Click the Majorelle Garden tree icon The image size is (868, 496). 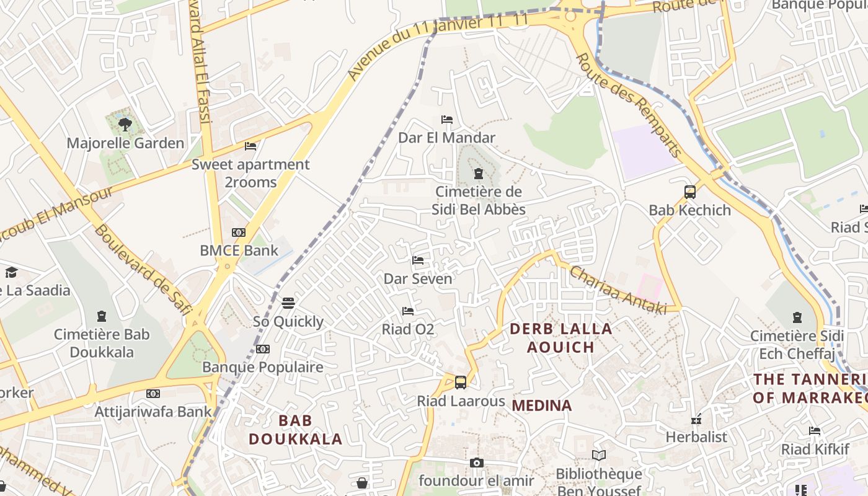coord(125,124)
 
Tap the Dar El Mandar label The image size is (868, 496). coord(446,138)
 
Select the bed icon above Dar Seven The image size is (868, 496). coord(418,260)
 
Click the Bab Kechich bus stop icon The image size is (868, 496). coord(690,192)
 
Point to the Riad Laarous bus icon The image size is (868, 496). coord(460,383)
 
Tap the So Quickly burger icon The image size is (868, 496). coord(288,303)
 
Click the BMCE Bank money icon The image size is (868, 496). coord(239,232)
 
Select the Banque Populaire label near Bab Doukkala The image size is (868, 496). coord(263,367)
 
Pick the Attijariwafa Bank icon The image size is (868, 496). coord(153,394)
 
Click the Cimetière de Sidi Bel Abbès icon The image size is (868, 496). coord(478,174)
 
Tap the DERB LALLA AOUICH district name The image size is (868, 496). coord(561,338)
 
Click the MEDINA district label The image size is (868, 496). coord(541,405)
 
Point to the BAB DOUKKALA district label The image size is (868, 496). coord(295,430)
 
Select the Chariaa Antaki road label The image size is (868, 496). coord(618,290)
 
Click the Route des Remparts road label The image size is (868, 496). coord(629,105)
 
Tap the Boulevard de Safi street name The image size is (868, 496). coord(141,270)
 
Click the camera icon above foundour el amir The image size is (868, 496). coord(476,463)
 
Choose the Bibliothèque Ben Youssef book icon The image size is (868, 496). coord(598,456)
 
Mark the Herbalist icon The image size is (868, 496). coord(696,420)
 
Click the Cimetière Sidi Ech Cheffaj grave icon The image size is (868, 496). coord(797,318)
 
